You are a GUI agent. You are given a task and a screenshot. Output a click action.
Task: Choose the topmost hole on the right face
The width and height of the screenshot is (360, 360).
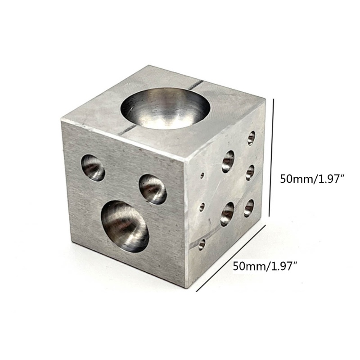pyautogui.click(x=251, y=138)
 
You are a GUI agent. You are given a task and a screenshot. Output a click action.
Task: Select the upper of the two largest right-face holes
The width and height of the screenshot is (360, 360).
pyautogui.click(x=229, y=161)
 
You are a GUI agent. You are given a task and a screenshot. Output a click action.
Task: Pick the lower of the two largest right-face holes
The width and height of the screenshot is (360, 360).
pyautogui.click(x=228, y=212)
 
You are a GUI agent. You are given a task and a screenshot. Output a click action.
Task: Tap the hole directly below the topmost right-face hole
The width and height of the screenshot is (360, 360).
pyautogui.click(x=250, y=172)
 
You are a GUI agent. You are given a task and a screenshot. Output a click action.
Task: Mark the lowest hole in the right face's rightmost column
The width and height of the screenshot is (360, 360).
pyautogui.click(x=249, y=207)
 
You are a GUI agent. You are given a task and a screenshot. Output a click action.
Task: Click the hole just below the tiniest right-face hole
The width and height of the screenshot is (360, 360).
pyautogui.click(x=202, y=207)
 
